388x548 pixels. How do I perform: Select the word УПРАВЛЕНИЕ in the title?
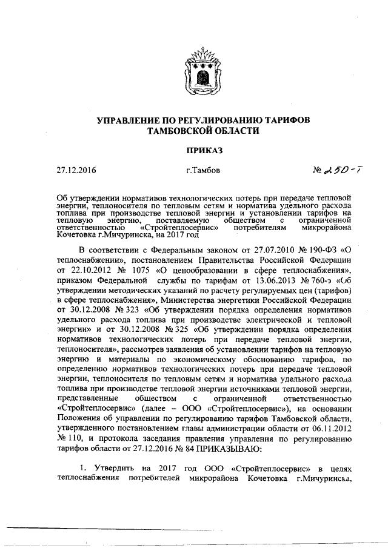130,120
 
